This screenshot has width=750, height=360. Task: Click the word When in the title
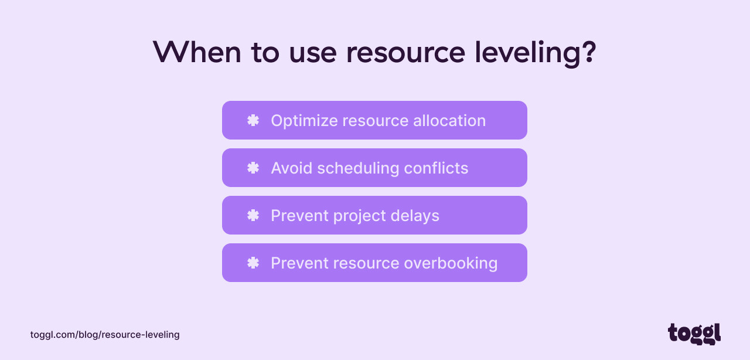point(197,53)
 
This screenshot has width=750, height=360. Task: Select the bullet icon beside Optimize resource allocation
point(253,120)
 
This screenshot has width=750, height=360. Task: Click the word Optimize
point(304,121)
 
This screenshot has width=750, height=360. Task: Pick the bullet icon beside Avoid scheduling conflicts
point(253,168)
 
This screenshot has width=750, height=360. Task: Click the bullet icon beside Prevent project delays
point(253,215)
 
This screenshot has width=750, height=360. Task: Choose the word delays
point(417,216)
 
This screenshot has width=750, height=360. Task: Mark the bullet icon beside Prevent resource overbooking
point(253,263)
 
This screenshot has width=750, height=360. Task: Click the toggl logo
point(694,334)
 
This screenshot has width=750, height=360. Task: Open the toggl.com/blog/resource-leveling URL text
point(105,335)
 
